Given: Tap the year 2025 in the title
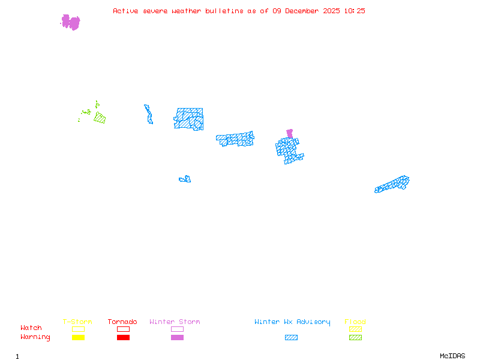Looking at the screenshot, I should (x=331, y=11).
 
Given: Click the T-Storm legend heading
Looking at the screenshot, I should (x=77, y=322).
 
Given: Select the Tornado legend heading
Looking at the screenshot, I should (x=122, y=322).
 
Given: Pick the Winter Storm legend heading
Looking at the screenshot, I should (x=175, y=322).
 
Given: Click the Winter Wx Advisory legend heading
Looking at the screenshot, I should (x=292, y=322).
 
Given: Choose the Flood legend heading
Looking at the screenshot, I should (x=355, y=322).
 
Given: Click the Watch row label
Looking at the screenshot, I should (x=31, y=328).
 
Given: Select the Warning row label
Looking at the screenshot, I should (x=35, y=337).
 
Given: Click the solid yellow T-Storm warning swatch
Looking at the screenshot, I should (x=78, y=337).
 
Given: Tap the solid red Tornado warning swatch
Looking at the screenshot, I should (x=123, y=337).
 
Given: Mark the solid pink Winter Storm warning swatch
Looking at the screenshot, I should (x=177, y=337).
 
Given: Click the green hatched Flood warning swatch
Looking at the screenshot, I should (x=355, y=337).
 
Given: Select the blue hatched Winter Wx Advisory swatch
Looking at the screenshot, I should (x=291, y=337).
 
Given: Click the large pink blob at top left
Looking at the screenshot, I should (x=71, y=22).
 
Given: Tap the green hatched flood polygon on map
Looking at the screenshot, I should (x=100, y=118).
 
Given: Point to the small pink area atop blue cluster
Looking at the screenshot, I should (x=290, y=133).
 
